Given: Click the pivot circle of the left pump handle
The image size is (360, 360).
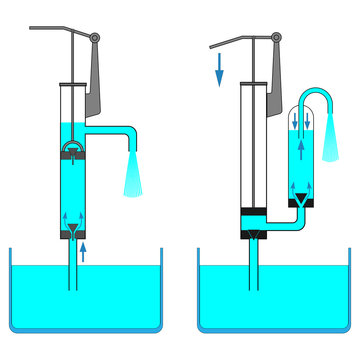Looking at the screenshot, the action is tap(95, 38).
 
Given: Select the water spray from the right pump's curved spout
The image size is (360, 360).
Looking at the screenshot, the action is tap(329, 140).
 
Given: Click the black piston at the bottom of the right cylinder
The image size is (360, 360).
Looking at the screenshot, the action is tap(253, 213).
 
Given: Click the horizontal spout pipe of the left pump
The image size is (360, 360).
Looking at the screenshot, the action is tap(112, 130).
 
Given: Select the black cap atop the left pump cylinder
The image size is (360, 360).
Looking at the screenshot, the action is tap(73, 86).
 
